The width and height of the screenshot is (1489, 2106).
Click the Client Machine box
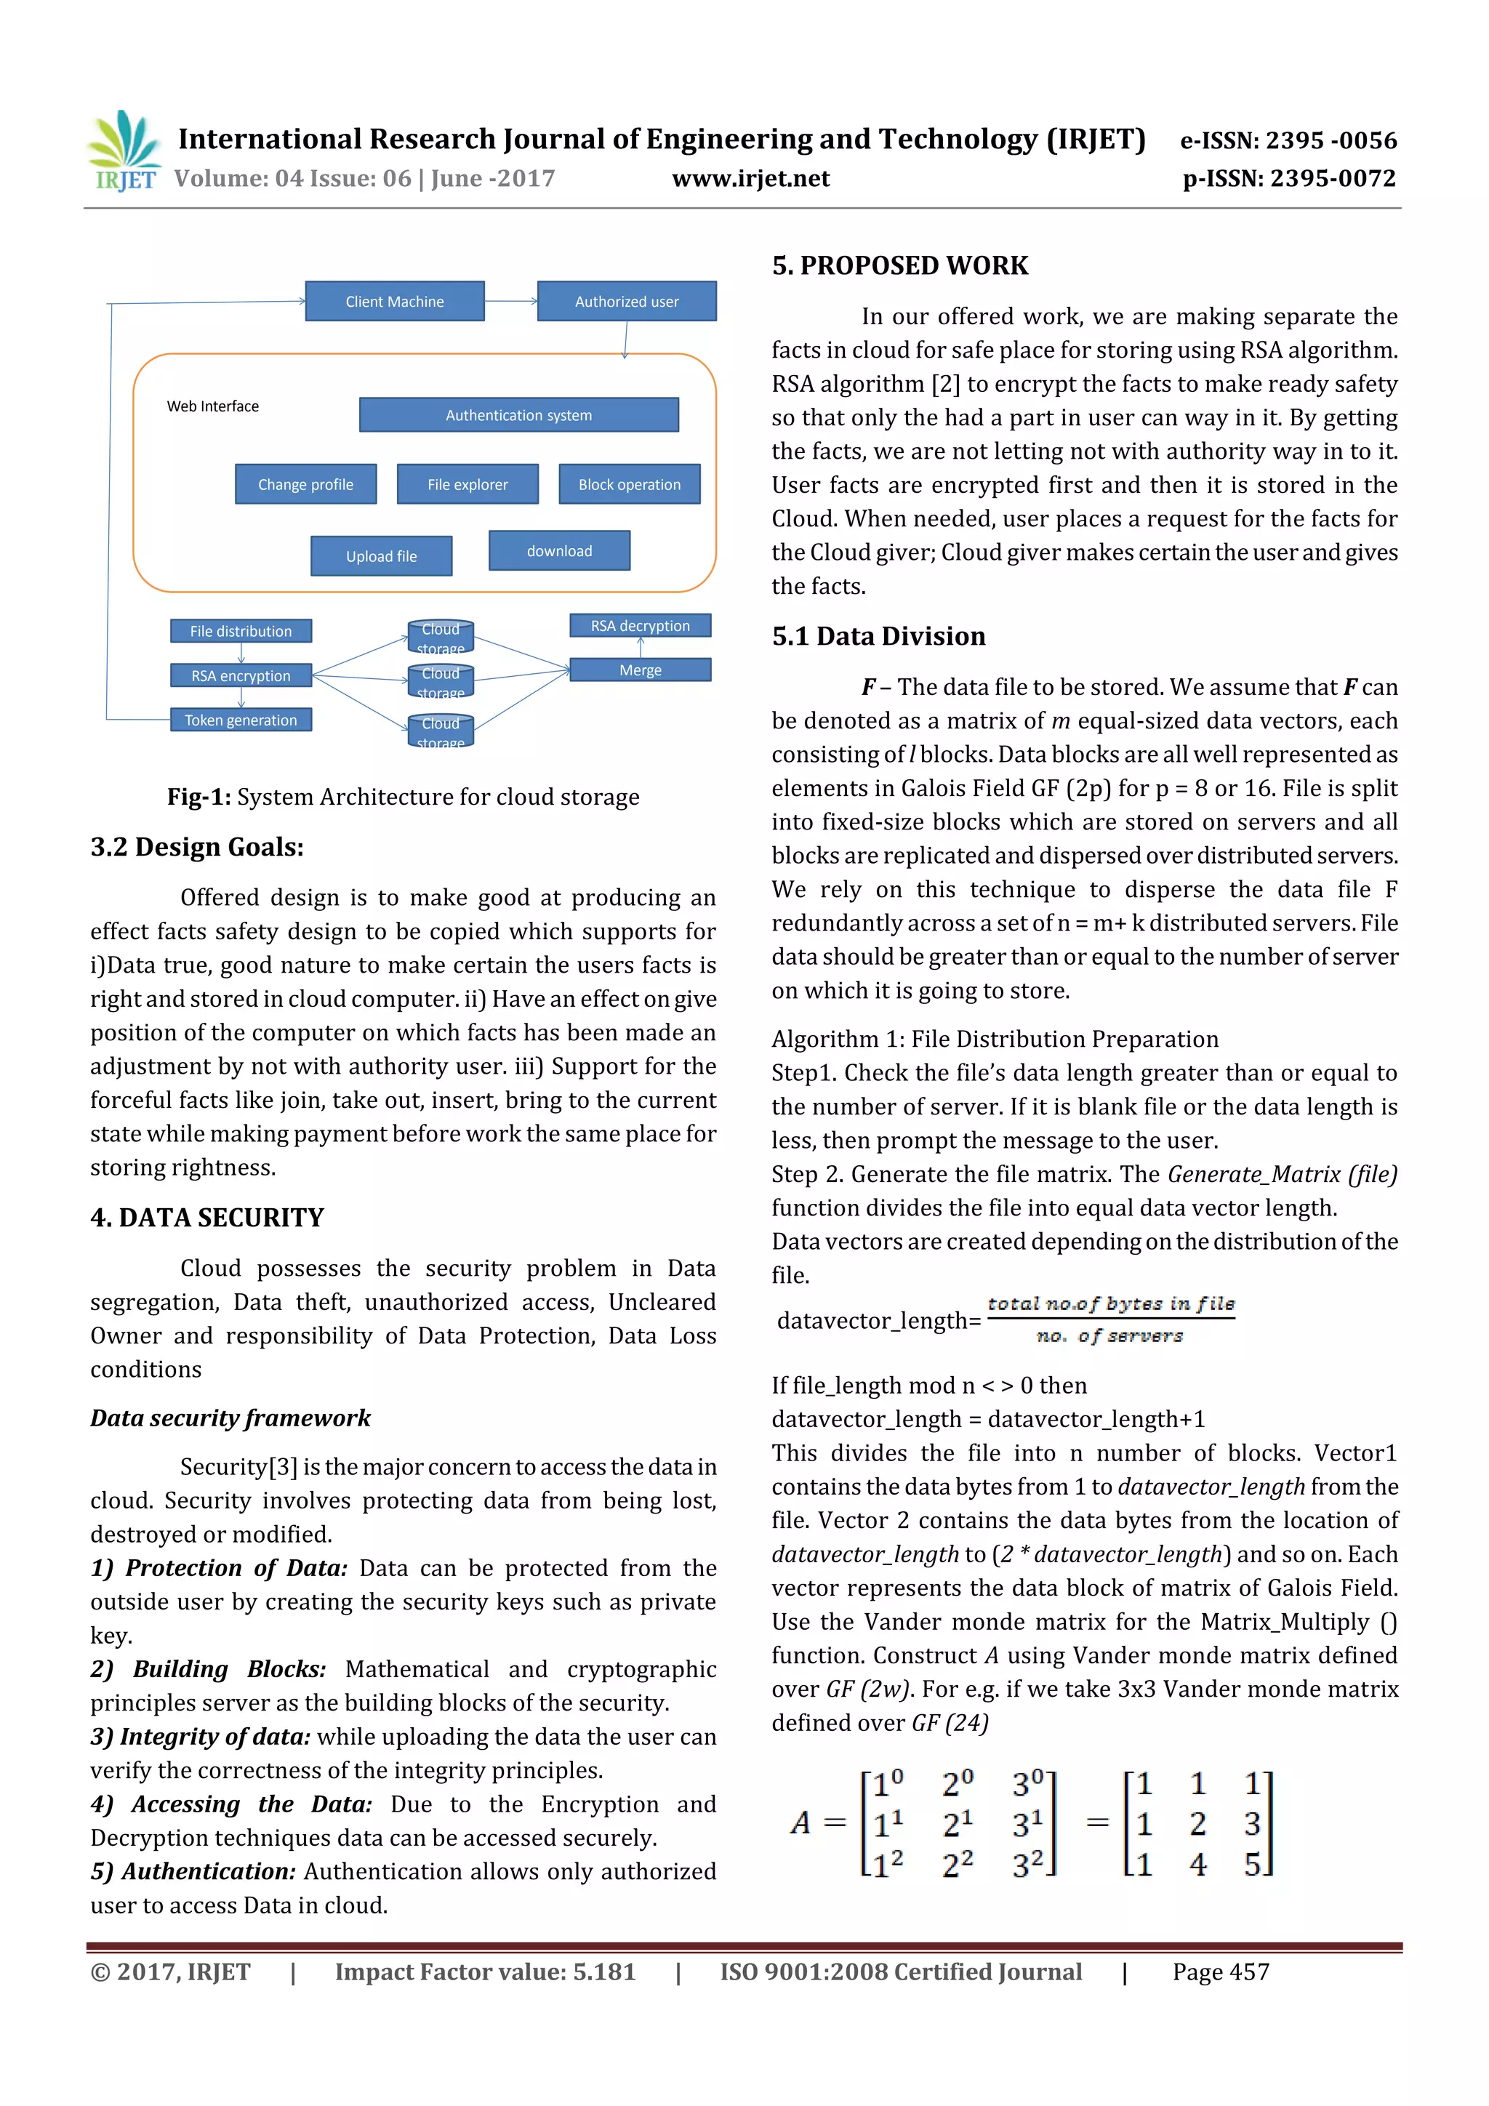395,301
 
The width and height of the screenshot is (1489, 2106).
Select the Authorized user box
627,301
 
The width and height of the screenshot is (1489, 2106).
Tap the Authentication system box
518,414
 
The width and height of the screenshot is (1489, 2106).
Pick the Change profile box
305,484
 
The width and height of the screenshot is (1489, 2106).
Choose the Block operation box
630,484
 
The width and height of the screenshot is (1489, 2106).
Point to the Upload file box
381,556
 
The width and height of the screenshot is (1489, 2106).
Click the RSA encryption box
241,675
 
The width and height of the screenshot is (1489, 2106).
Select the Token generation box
241,720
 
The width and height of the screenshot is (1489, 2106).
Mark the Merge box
640,670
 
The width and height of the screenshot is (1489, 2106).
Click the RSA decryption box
640,626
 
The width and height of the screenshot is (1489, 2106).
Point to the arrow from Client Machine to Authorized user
510,301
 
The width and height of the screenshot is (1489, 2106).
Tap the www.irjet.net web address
750,178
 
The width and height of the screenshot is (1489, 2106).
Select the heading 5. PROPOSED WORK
899,265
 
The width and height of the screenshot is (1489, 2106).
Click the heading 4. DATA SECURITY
207,1217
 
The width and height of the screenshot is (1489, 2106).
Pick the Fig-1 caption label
198,796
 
